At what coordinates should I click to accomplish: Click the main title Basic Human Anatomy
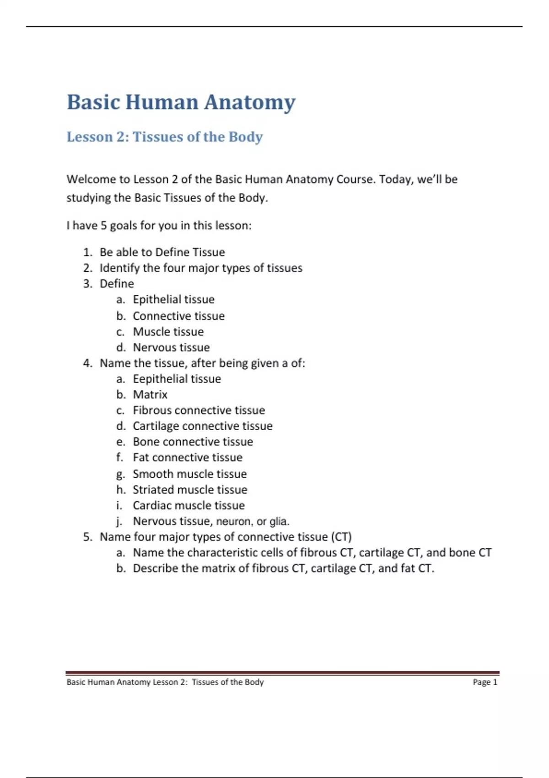181,103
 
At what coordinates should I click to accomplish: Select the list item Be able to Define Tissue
162,252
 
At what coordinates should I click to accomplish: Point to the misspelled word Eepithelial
161,379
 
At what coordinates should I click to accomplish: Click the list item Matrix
150,394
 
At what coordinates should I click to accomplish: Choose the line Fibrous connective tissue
199,410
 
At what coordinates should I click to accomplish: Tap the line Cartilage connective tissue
202,426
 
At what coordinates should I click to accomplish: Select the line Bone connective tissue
193,442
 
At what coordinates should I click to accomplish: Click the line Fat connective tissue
188,457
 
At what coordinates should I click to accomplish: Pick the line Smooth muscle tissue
189,474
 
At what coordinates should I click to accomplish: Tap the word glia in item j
279,521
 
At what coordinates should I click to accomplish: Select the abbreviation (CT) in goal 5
341,537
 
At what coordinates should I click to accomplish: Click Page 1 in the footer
484,682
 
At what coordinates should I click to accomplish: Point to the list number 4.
88,363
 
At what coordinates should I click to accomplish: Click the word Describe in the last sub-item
155,568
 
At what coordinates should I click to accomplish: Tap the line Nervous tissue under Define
171,347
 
